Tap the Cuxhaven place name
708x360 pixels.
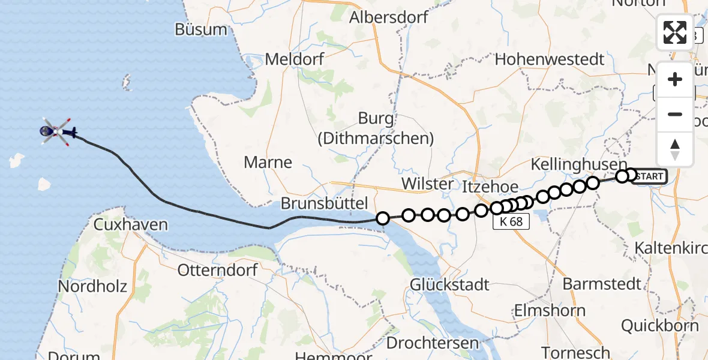130,224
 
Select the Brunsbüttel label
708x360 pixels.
324,203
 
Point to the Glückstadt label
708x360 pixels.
449,284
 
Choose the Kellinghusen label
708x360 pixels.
578,164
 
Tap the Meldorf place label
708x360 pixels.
294,59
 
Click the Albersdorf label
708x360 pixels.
389,17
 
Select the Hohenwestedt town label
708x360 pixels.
549,59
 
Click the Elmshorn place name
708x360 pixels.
550,310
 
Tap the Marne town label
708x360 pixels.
268,162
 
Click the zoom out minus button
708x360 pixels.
675,115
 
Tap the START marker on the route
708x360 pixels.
649,176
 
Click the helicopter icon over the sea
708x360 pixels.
58,130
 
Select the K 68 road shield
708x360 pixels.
511,222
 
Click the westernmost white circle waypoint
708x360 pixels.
382,218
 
